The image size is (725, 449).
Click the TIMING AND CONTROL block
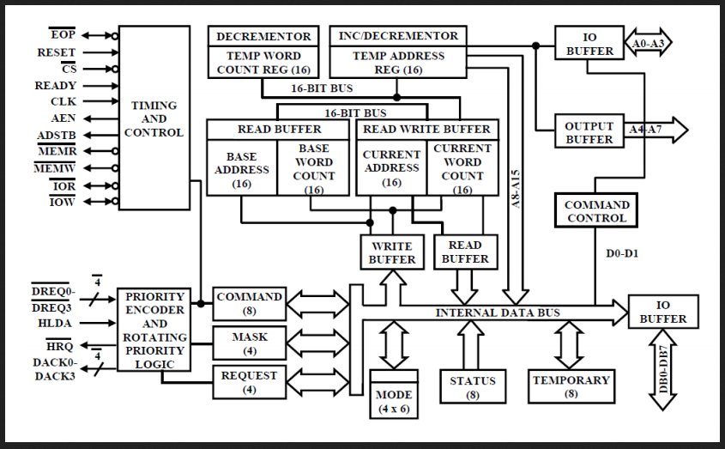pyautogui.click(x=154, y=118)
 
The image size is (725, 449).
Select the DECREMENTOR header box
pyautogui.click(x=263, y=37)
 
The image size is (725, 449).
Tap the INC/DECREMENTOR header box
pyautogui.click(x=398, y=36)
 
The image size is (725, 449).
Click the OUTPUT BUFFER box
pyautogui.click(x=589, y=132)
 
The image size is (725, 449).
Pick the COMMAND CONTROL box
pyautogui.click(x=596, y=211)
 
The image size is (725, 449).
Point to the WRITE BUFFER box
pyautogui.click(x=392, y=252)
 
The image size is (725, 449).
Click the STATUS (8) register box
pyautogui.click(x=473, y=386)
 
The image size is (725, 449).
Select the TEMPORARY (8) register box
pyautogui.click(x=571, y=386)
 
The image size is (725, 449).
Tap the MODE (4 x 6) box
pyautogui.click(x=394, y=396)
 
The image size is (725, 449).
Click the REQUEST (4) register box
pyautogui.click(x=249, y=381)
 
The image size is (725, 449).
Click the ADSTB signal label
pyautogui.click(x=57, y=135)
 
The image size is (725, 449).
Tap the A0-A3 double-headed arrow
pyautogui.click(x=648, y=44)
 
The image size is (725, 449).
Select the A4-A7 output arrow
pyautogui.click(x=657, y=130)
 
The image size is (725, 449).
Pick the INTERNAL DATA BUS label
pyautogui.click(x=498, y=312)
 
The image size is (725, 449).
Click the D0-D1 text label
pyautogui.click(x=622, y=254)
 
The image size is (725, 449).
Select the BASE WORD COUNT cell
pyautogui.click(x=314, y=167)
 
